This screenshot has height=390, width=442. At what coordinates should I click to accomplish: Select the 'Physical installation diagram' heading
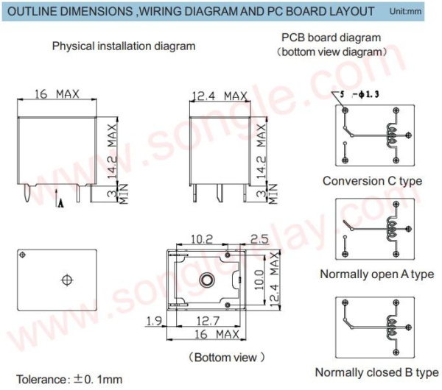pyautogui.click(x=124, y=46)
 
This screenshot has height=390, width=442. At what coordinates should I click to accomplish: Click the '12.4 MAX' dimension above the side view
pyautogui.click(x=219, y=96)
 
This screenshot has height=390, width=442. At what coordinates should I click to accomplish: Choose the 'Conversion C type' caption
pyautogui.click(x=372, y=180)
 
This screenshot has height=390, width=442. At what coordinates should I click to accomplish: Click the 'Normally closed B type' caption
pyautogui.click(x=376, y=372)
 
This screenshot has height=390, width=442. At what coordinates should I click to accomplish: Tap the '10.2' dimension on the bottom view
pyautogui.click(x=203, y=239)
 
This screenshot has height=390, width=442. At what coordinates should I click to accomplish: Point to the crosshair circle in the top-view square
pyautogui.click(x=67, y=280)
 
